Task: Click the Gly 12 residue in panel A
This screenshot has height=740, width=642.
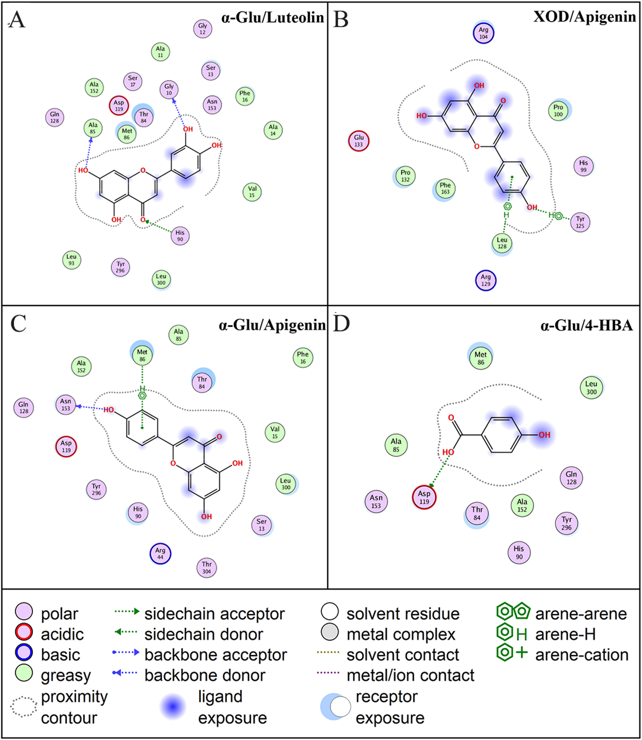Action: [203, 29]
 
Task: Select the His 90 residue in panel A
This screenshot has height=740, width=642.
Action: [180, 236]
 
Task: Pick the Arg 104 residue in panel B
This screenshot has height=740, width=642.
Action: [483, 33]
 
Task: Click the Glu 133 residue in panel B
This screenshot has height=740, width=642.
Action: [359, 141]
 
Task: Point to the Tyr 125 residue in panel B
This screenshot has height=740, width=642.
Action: [580, 222]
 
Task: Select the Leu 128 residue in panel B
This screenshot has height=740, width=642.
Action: [502, 243]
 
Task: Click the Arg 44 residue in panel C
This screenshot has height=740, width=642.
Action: [160, 554]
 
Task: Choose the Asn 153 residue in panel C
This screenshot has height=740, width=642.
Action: [66, 405]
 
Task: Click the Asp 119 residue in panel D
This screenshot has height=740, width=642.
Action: [424, 497]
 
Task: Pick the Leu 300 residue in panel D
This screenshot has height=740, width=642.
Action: [591, 388]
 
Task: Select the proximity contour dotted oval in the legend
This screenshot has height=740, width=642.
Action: [24, 706]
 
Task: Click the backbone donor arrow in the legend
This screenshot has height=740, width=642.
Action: [125, 673]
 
